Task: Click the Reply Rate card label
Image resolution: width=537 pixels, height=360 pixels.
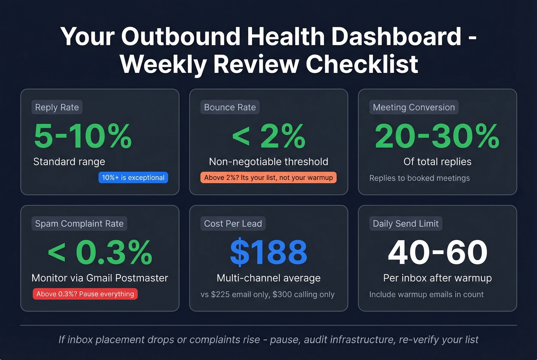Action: (57, 107)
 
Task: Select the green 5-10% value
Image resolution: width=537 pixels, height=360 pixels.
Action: (83, 136)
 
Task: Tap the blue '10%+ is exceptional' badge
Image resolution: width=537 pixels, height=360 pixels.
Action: (133, 178)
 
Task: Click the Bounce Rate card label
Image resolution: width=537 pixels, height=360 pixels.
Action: (230, 107)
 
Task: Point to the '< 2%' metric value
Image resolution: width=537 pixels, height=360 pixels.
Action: (268, 136)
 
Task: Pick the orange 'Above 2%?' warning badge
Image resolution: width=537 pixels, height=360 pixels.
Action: (268, 178)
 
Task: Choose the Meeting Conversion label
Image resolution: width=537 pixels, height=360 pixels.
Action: (413, 107)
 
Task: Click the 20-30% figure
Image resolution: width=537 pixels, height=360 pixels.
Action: (437, 136)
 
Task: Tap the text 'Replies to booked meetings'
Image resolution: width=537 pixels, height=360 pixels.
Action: (419, 178)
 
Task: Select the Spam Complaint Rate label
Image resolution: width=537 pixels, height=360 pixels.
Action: (79, 224)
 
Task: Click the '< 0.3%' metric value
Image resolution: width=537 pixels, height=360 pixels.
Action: (100, 252)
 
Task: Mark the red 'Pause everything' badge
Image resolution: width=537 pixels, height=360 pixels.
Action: (85, 294)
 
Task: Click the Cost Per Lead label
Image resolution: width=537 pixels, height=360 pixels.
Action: (233, 224)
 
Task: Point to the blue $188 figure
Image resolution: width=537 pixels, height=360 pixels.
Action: (268, 252)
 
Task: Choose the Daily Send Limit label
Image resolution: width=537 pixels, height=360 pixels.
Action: (405, 224)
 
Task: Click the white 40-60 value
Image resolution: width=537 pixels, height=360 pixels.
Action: (437, 252)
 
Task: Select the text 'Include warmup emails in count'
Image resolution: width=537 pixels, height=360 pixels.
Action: (426, 294)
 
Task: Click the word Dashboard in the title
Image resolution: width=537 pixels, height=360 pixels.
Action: (396, 36)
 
